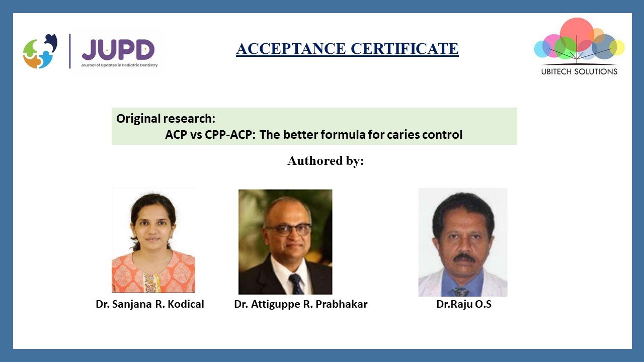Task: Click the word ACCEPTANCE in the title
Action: coord(291,48)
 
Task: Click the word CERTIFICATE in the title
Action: coord(405,48)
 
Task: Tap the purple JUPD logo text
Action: coord(118,49)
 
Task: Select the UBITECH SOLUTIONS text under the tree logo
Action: coord(579,71)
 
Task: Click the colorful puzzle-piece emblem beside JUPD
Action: coord(40,51)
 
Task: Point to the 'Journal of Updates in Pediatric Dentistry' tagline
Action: coord(119,65)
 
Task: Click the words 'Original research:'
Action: coord(166,118)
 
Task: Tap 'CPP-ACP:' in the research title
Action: coord(230,134)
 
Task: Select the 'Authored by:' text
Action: coord(326,160)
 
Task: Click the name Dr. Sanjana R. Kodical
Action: coord(150,304)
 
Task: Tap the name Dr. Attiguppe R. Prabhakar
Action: coord(301,304)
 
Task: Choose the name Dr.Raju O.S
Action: coord(464,304)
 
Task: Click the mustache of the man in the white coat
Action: coord(464,257)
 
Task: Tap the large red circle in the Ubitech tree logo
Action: coord(577,34)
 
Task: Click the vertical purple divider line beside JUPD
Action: coord(70,51)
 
